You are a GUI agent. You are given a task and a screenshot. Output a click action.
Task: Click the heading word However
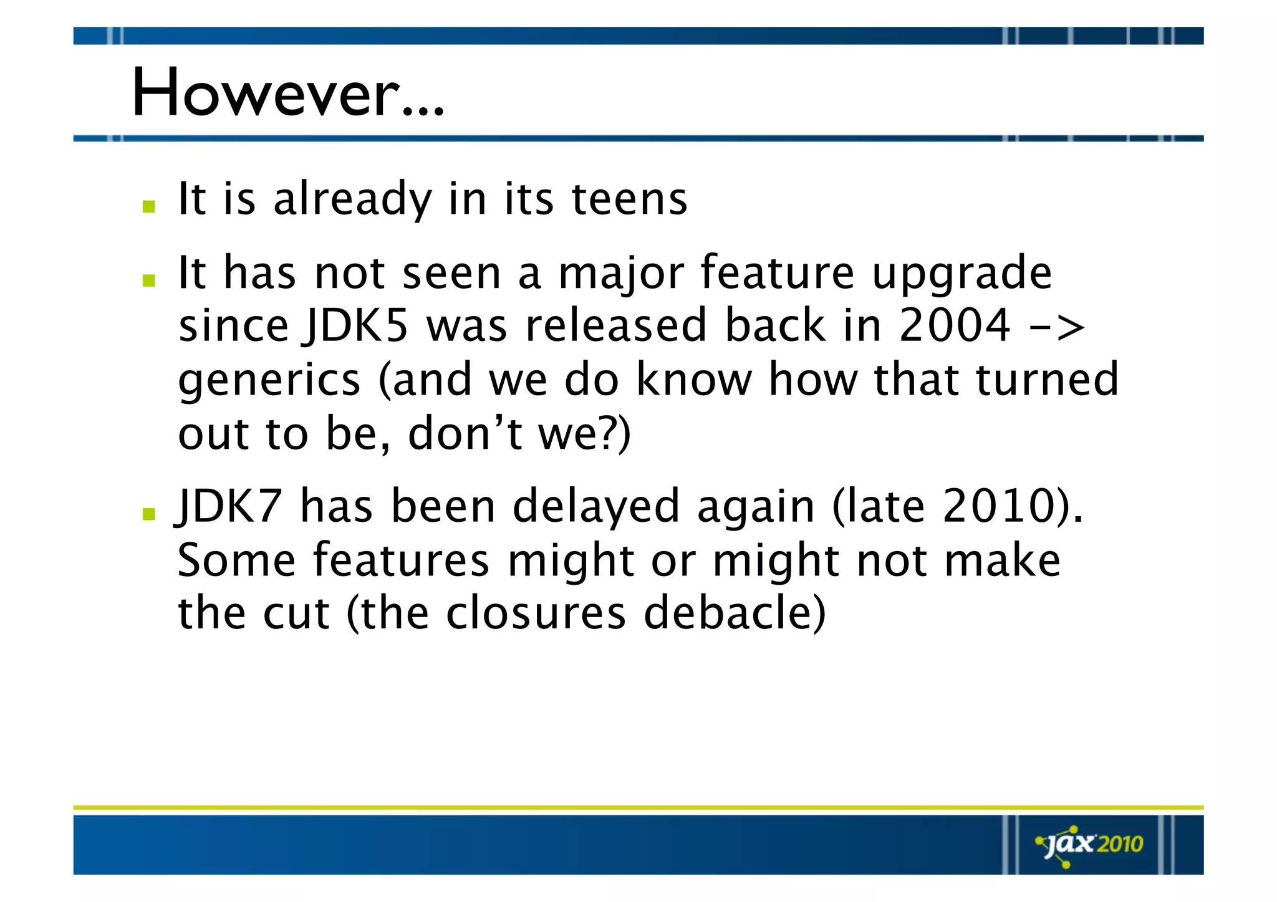click(x=287, y=94)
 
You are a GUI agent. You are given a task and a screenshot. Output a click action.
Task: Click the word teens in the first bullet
click(x=630, y=199)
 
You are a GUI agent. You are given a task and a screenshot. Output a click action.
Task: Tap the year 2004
click(x=955, y=325)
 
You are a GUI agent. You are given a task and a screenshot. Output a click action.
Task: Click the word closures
click(x=536, y=613)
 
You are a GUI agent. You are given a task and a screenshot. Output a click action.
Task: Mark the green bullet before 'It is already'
click(x=148, y=206)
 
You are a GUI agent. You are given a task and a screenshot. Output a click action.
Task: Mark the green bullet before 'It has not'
click(x=148, y=281)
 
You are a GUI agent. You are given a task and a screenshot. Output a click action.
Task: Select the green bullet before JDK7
click(x=148, y=514)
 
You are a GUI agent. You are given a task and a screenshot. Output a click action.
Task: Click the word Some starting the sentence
click(x=236, y=560)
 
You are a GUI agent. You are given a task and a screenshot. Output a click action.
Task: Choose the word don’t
click(x=465, y=434)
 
